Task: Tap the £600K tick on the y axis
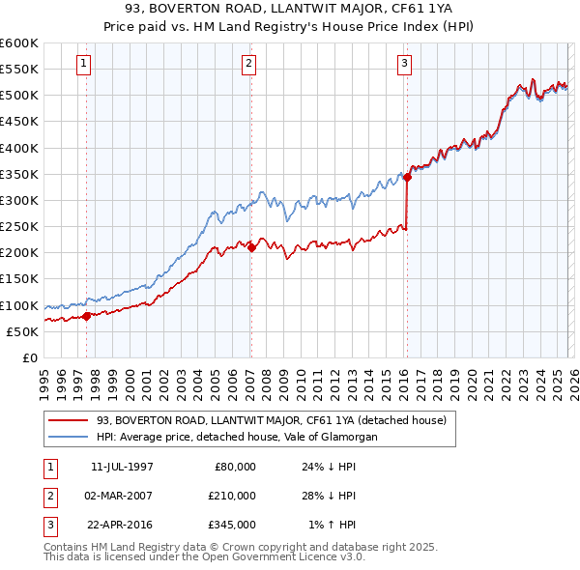(x=19, y=43)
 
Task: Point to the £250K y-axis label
(x=19, y=226)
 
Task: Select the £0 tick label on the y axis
(x=30, y=357)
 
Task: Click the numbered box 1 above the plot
(x=85, y=65)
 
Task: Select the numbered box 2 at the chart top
(x=249, y=65)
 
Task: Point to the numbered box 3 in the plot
(x=404, y=65)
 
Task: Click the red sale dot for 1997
(x=87, y=315)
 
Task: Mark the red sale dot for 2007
(x=251, y=247)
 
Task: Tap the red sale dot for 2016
(x=408, y=177)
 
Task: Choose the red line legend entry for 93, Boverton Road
(x=271, y=420)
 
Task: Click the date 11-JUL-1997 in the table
(x=122, y=466)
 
